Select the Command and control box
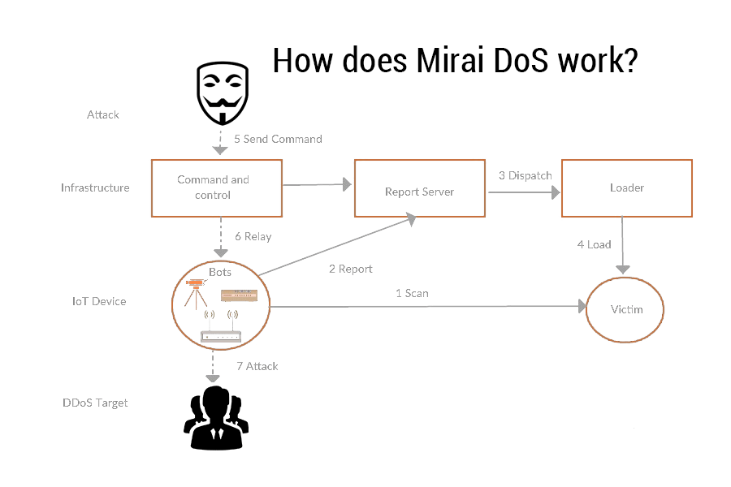click(217, 187)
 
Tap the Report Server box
click(419, 192)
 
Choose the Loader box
click(626, 187)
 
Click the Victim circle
click(626, 309)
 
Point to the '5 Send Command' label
click(278, 139)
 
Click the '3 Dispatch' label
click(525, 175)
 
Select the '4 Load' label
click(594, 244)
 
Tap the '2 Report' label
click(351, 269)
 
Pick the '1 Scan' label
click(412, 293)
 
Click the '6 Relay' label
click(253, 236)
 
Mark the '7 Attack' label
click(257, 366)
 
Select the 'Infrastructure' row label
click(95, 187)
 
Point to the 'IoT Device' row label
click(99, 301)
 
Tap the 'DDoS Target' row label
click(95, 403)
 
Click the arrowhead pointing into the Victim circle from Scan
click(582, 307)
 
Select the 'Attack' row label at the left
click(103, 114)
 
